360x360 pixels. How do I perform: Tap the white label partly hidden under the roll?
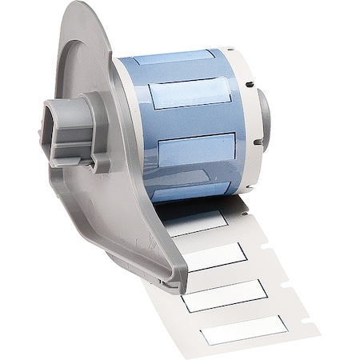pos(196,222)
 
